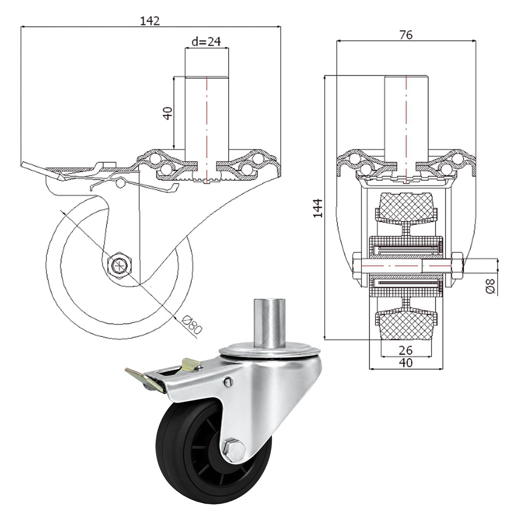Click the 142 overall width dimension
[150, 21]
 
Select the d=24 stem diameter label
[206, 41]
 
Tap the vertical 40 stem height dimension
[167, 113]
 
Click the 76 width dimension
[406, 35]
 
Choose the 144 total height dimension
[318, 208]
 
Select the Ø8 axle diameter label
[490, 286]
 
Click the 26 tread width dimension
[405, 350]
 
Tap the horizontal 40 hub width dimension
[405, 362]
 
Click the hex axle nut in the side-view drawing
[119, 265]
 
